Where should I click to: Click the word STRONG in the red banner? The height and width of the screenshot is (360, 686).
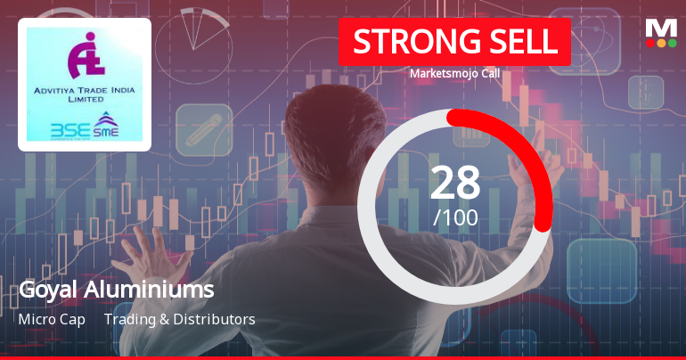[x=406, y=43]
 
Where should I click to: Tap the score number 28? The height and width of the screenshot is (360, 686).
[x=455, y=183]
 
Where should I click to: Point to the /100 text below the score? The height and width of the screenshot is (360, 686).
[x=455, y=217]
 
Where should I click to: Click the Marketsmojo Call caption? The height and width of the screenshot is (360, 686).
[x=454, y=74]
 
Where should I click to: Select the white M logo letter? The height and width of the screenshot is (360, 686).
[x=660, y=27]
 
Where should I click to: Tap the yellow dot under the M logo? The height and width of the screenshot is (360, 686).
[x=661, y=43]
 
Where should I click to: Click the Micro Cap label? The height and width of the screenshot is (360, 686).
[x=52, y=319]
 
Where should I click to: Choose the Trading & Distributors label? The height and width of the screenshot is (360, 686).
[x=180, y=319]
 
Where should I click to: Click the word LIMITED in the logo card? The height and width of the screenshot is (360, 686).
[x=85, y=101]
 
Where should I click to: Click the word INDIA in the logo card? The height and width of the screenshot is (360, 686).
[x=118, y=92]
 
